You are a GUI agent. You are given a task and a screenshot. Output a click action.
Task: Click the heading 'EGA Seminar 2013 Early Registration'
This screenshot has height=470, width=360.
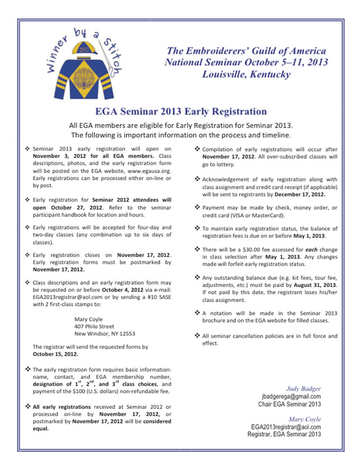pos(180,111)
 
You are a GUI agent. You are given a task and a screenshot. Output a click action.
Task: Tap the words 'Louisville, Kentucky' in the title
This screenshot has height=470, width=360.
pos(246,74)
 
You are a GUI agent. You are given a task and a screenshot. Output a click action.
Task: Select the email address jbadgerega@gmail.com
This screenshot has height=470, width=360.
pos(293,396)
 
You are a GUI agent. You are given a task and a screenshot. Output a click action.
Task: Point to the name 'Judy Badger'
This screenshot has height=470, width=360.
pos(303,387)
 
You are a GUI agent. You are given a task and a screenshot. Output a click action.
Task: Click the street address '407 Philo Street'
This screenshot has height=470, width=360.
pos(94,326)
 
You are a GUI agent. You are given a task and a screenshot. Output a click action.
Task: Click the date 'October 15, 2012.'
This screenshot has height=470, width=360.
pos(55,354)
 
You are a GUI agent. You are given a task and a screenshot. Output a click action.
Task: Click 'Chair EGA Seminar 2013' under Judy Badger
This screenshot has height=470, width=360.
pos(289,403)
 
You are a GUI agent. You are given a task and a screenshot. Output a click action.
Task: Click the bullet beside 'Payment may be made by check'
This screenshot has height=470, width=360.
pos(197,207)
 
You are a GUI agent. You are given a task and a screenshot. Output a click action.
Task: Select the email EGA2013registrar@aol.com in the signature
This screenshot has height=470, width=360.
pos(286,426)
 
